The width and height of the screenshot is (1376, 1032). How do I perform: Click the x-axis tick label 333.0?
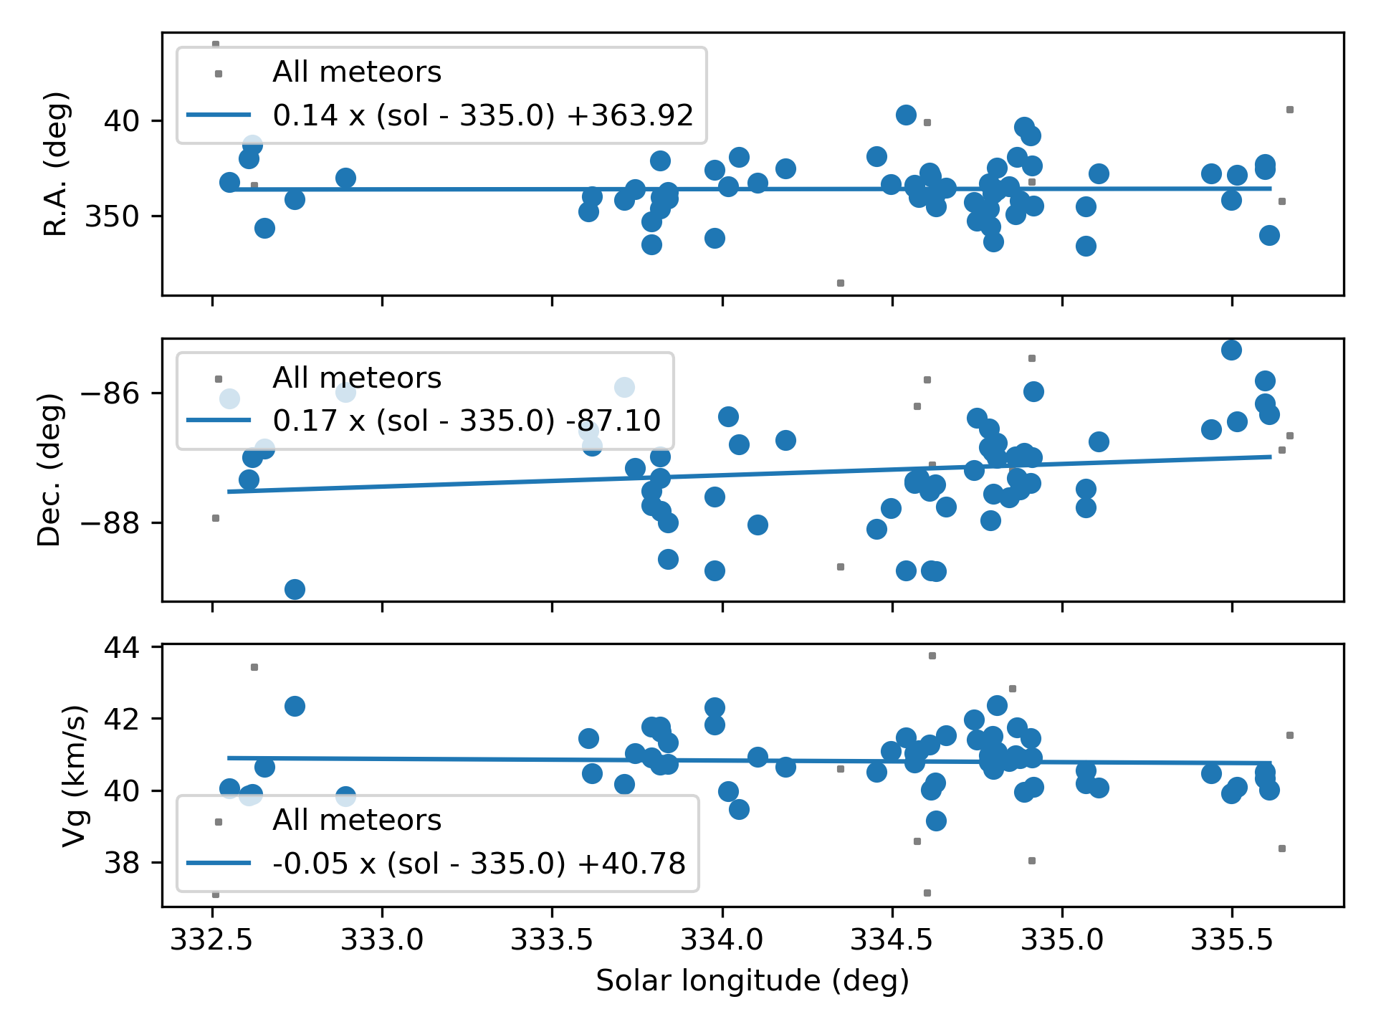point(382,940)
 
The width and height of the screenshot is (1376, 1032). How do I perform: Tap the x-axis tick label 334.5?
point(892,940)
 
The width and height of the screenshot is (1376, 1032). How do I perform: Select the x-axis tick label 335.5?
point(1231,940)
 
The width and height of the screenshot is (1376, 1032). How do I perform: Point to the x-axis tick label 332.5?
point(212,940)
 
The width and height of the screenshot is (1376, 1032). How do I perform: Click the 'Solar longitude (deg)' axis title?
point(752,980)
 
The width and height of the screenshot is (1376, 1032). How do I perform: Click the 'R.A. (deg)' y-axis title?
point(56,163)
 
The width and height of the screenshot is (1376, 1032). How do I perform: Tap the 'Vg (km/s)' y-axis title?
point(74,775)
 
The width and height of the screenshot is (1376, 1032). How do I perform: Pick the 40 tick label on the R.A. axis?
point(122,120)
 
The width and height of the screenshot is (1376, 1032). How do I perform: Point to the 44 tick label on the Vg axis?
point(122,648)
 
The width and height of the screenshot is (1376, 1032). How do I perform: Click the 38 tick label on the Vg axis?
point(122,863)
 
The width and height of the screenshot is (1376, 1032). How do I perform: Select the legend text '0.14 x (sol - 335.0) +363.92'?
point(483,115)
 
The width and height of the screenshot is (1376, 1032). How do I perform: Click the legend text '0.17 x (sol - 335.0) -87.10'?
point(467,421)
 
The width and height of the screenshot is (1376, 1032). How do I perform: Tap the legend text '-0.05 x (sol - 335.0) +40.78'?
point(479,864)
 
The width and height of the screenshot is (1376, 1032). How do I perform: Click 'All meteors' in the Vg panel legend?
point(357,820)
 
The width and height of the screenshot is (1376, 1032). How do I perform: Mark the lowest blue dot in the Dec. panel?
point(295,589)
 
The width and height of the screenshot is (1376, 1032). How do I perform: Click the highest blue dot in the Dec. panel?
point(1231,350)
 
